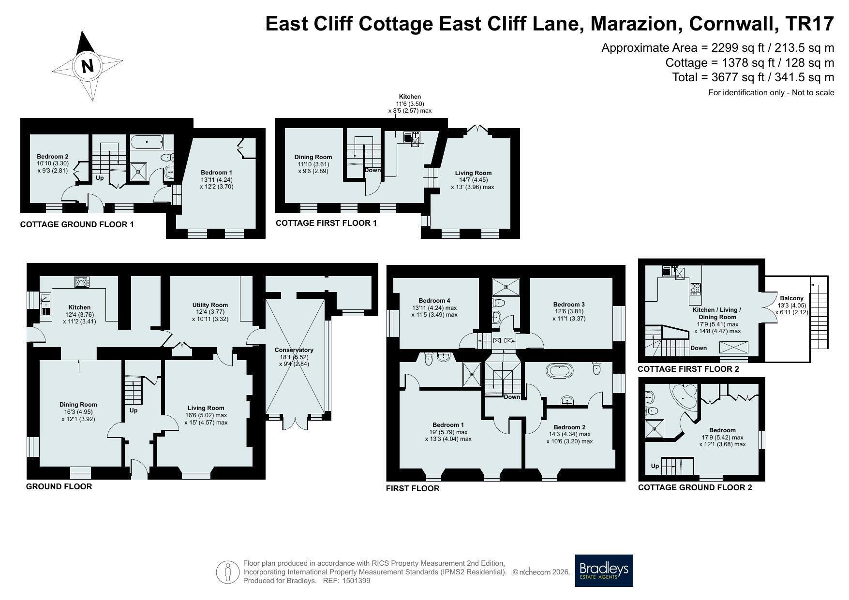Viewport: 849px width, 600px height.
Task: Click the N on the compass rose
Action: pyautogui.click(x=88, y=66)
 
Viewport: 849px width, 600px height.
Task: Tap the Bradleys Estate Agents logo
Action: pyautogui.click(x=604, y=571)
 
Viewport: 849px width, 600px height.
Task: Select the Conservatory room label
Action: pyautogui.click(x=294, y=350)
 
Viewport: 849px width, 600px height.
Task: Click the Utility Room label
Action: pyautogui.click(x=210, y=305)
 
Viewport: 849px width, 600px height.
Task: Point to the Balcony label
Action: pyautogui.click(x=791, y=298)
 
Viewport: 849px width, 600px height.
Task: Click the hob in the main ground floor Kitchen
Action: pyautogui.click(x=81, y=281)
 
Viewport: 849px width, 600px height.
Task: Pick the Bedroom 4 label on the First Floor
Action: pyautogui.click(x=434, y=301)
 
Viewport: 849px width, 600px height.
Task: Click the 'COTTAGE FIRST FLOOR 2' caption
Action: pyautogui.click(x=688, y=369)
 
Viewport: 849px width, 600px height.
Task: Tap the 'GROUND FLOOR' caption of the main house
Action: pyautogui.click(x=59, y=486)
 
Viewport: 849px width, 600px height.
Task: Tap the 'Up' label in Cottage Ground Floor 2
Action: pyautogui.click(x=655, y=466)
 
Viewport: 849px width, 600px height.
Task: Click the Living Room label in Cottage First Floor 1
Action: pyautogui.click(x=473, y=173)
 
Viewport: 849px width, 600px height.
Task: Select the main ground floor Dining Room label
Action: pyautogui.click(x=78, y=405)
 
